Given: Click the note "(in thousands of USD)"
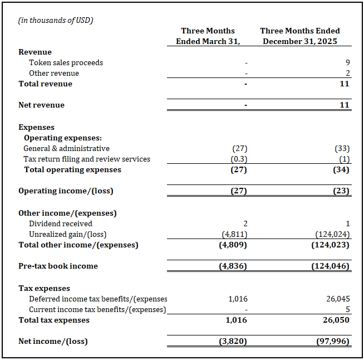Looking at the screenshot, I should pos(56,21).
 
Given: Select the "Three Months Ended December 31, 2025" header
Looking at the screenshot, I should pos(300,36).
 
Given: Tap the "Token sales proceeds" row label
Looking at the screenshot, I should pos(66,62).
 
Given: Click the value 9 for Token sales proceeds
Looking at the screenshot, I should pos(347,63).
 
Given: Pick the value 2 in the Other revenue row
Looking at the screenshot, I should pos(347,73).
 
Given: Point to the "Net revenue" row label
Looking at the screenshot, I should pos(41,105).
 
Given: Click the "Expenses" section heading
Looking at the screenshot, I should pos(36,127).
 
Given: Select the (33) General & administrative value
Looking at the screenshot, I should pos(341,148).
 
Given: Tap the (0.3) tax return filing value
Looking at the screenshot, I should pos(239,159).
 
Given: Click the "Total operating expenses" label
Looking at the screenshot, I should pos(72,169).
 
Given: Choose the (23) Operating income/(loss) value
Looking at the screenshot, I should pos(341,191).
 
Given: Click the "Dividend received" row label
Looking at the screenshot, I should pos(61,223).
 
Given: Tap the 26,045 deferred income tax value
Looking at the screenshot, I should pos(336,299).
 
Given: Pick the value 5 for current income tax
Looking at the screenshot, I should pos(347,309).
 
